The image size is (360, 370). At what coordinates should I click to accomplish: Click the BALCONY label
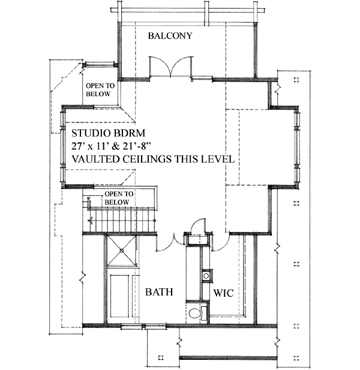click(x=170, y=36)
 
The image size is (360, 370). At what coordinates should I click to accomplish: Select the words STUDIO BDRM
click(x=109, y=133)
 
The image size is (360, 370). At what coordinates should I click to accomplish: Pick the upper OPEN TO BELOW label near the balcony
click(x=100, y=89)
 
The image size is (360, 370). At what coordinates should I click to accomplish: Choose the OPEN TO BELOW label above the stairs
click(x=118, y=198)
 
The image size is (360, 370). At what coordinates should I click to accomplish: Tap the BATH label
click(x=160, y=293)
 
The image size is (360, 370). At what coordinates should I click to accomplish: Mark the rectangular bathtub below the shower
click(x=122, y=295)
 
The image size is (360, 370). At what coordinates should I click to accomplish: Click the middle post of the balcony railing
click(x=207, y=11)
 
